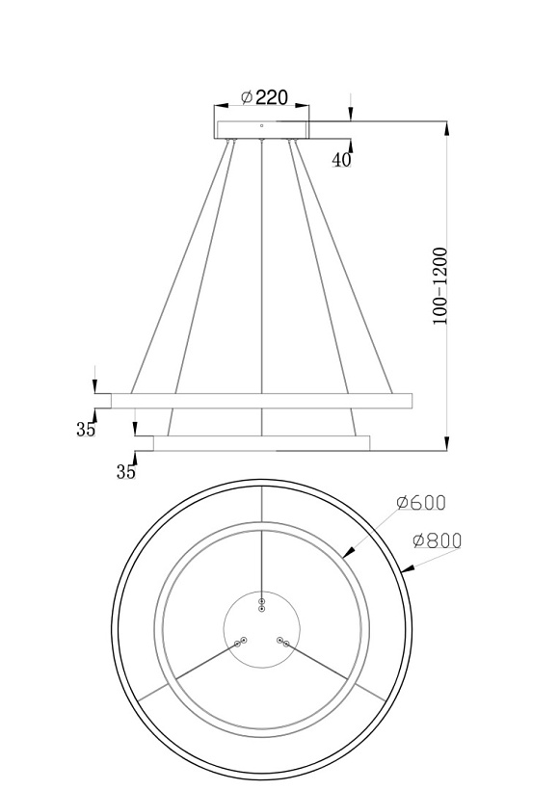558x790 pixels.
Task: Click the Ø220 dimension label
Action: coord(264,96)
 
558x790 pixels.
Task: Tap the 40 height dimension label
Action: coord(341,160)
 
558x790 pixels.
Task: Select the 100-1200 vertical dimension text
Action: coord(440,286)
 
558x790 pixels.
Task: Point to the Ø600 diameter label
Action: coord(421,502)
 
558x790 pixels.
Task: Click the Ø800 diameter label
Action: coord(437,540)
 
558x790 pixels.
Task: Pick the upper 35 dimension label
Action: coord(86,430)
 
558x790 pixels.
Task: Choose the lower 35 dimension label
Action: coord(126,471)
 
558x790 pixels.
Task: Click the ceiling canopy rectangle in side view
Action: coord(262,129)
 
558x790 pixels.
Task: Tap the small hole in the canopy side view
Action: coord(261,125)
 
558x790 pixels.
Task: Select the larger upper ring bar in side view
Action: coord(261,401)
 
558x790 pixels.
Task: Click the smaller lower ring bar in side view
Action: coord(261,443)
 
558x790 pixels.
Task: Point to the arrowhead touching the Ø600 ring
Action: coord(349,552)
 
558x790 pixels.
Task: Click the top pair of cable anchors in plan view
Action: coord(261,605)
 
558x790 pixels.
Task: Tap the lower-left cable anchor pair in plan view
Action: coord(241,642)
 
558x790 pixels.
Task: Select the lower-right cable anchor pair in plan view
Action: coord(282,642)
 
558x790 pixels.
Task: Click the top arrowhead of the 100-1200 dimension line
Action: coord(446,128)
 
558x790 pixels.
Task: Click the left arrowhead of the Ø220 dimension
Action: coord(222,106)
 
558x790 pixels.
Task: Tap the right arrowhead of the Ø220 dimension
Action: coord(302,106)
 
